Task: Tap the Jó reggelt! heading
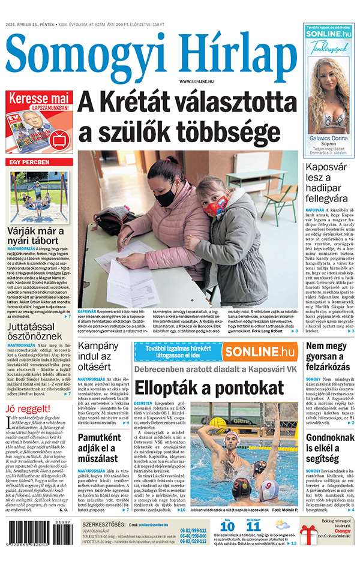tap(26, 410)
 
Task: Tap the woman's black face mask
tap(166, 196)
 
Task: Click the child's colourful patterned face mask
tap(217, 207)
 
